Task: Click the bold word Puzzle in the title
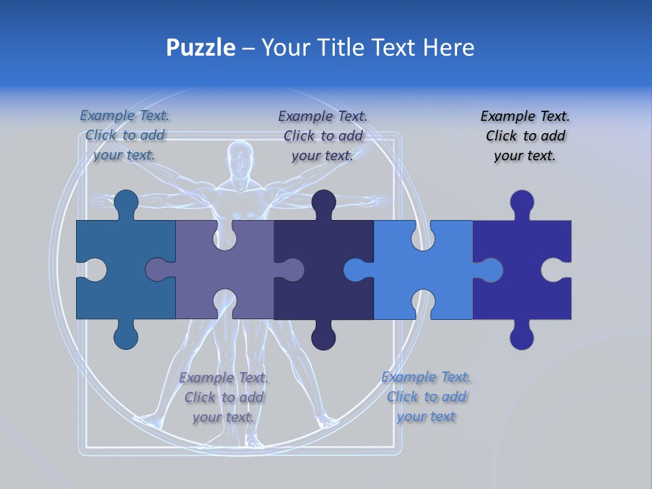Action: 201,48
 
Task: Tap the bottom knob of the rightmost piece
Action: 522,336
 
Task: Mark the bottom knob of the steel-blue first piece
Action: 126,336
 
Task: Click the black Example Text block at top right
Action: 525,136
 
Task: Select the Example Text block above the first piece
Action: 124,135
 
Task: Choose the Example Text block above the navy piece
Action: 323,136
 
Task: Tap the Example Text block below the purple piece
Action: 223,397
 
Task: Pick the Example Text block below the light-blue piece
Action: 426,397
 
